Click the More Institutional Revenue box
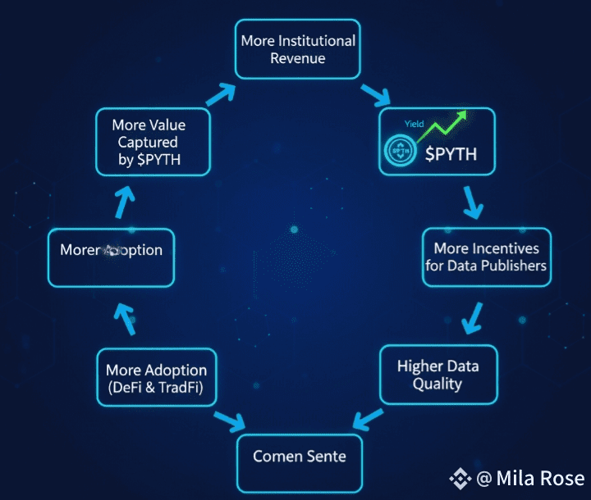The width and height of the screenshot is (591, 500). (298, 49)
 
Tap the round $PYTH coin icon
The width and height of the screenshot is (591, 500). (400, 152)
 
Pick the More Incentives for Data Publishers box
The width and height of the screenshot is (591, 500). (486, 257)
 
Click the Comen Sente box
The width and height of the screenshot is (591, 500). (299, 456)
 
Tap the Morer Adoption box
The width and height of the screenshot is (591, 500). (111, 250)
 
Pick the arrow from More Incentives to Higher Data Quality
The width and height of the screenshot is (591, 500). (471, 317)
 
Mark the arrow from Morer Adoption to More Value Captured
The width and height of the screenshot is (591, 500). (124, 198)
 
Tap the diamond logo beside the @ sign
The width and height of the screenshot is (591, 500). (458, 478)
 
